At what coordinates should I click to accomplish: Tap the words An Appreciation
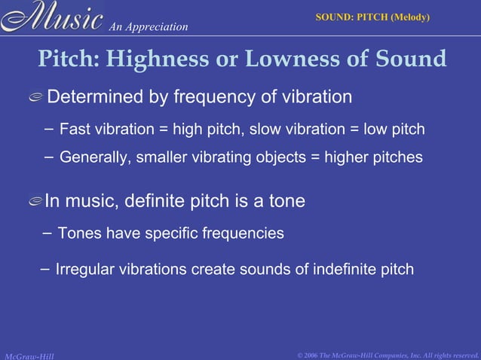pos(148,27)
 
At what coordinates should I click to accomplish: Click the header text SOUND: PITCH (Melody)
pos(372,16)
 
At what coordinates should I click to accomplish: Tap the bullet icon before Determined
pos(34,98)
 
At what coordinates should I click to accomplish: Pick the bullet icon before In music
pos(34,202)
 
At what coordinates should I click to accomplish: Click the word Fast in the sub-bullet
pos(74,130)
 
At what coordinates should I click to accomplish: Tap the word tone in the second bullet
pos(289,202)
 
